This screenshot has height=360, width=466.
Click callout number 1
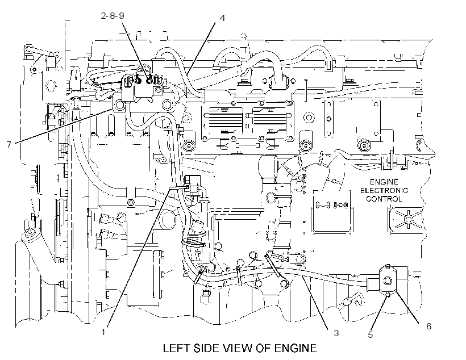[x=103, y=332]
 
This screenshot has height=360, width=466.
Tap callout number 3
[x=336, y=333]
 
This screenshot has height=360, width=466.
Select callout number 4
[x=222, y=18]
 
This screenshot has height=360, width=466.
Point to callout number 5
[x=371, y=335]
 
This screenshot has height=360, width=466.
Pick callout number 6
[x=429, y=326]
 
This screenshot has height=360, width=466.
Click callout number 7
[x=9, y=144]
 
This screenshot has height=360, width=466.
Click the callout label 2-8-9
[x=113, y=15]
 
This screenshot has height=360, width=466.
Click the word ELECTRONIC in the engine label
[x=384, y=190]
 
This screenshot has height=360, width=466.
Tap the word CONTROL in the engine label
[x=384, y=199]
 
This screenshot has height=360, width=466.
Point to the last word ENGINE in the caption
[x=296, y=348]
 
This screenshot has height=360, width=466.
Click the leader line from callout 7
[x=63, y=126]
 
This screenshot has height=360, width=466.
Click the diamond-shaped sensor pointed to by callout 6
[x=388, y=280]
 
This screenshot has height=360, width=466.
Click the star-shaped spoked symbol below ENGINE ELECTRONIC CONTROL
[x=409, y=219]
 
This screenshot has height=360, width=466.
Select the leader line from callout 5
[x=379, y=312]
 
